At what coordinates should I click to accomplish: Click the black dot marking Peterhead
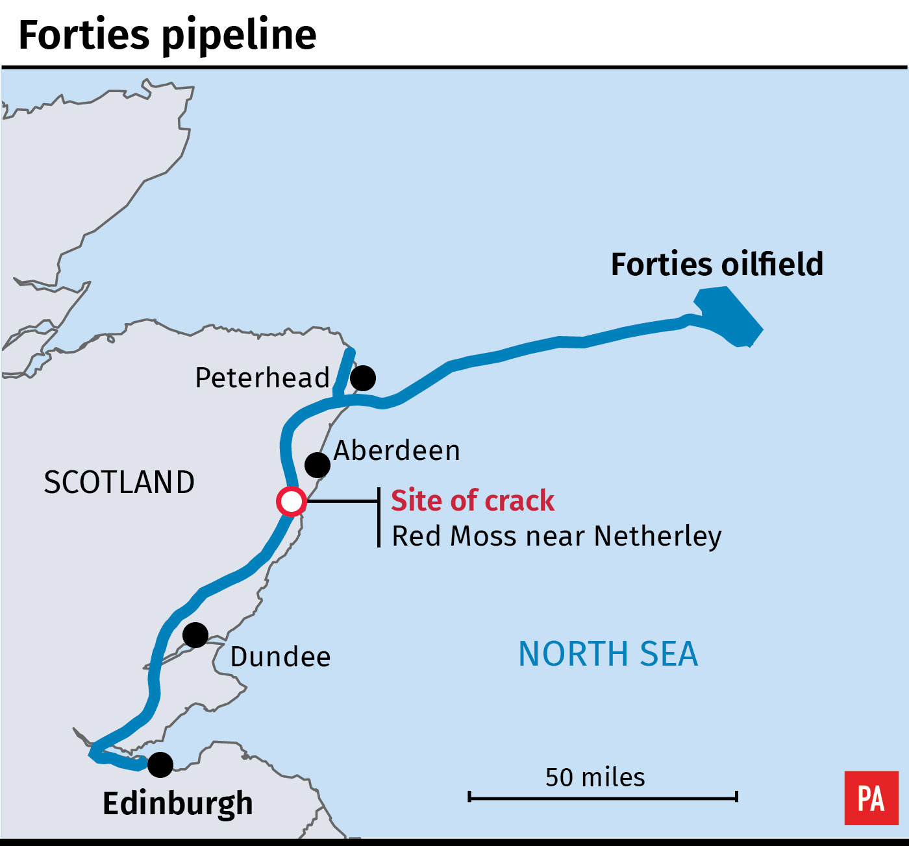coord(363,378)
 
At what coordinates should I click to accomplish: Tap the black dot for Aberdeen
coord(317,465)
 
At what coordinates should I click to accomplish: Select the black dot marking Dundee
coord(195,634)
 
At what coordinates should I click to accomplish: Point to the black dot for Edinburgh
coord(160,765)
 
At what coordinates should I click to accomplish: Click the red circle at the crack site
coord(291,502)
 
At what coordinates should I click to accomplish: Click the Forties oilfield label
coord(717,265)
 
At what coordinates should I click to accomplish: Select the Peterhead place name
coord(262,378)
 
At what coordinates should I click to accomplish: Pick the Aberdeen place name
coord(397,450)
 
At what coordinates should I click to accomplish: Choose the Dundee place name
coord(280,657)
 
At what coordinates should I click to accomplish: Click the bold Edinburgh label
coord(177,803)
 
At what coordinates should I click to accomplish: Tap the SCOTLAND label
coord(119,482)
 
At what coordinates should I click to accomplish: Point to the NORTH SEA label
coord(608,653)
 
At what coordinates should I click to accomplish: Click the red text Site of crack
coord(473,501)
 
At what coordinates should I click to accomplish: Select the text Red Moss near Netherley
coord(556,537)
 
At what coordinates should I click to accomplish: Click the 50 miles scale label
coord(595,777)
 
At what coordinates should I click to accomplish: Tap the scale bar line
coord(603,796)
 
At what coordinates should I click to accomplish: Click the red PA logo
coord(871,798)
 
